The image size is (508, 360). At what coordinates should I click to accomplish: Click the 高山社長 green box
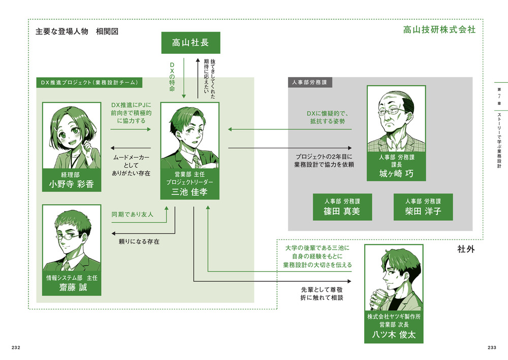click(x=190, y=43)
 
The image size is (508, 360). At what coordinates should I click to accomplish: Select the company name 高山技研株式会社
click(x=439, y=29)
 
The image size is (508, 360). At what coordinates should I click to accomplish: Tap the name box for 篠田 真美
click(x=342, y=207)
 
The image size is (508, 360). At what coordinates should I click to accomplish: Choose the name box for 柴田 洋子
click(x=423, y=207)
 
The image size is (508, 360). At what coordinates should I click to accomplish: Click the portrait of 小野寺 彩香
click(x=72, y=135)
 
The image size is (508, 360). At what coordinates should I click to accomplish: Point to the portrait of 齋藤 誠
click(x=72, y=239)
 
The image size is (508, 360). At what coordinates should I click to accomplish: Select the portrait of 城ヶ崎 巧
click(x=396, y=119)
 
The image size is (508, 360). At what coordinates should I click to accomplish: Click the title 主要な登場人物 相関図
click(x=77, y=31)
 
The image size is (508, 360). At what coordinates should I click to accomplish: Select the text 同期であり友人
click(x=132, y=215)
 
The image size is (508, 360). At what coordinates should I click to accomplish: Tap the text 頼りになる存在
click(x=139, y=242)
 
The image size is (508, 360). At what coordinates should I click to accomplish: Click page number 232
click(x=16, y=347)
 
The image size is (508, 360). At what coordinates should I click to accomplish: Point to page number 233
click(x=491, y=347)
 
